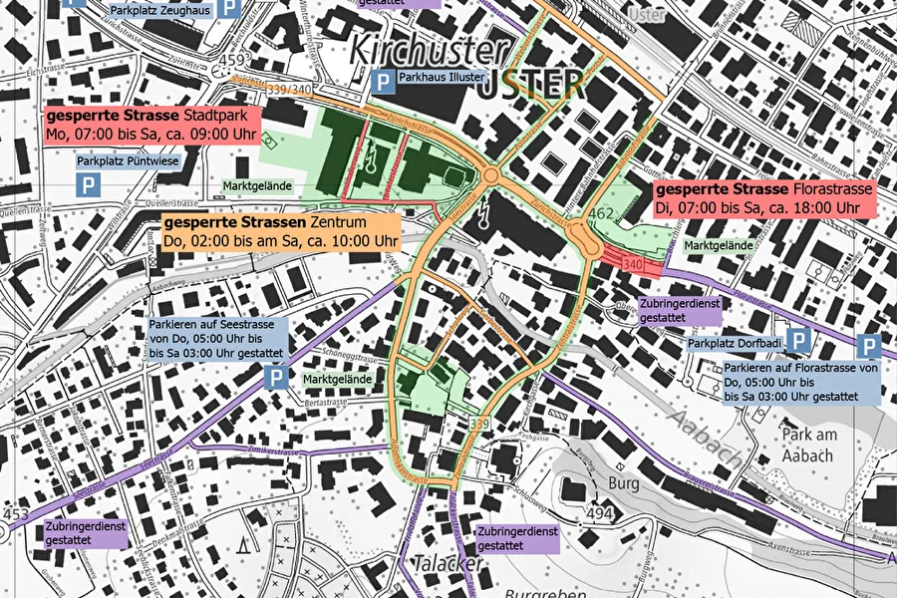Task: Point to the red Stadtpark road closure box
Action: (150, 125)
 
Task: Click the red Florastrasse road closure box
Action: (762, 197)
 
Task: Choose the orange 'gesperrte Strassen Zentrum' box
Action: (280, 230)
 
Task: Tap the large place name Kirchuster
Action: (431, 51)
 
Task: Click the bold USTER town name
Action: (530, 86)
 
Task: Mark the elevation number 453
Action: (16, 514)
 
